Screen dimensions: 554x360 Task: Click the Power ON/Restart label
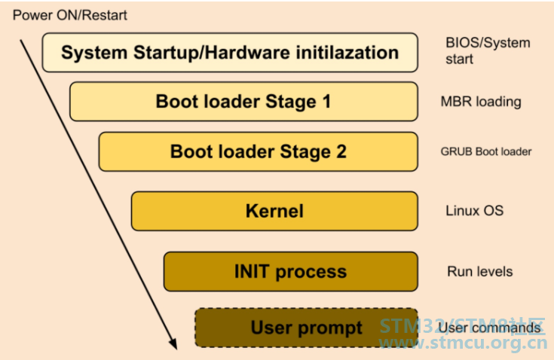pyautogui.click(x=69, y=15)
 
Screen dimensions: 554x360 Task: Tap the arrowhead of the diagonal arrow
pyautogui.click(x=173, y=343)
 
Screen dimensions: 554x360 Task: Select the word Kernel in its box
pyautogui.click(x=274, y=211)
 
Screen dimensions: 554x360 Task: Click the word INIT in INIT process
pyautogui.click(x=252, y=271)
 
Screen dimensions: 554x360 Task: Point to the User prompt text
pyautogui.click(x=306, y=328)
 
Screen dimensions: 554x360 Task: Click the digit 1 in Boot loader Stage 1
pyautogui.click(x=327, y=101)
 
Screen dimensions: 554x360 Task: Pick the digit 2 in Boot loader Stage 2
pyautogui.click(x=341, y=151)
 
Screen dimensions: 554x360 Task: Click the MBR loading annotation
pyautogui.click(x=481, y=102)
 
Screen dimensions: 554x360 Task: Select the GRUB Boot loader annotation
pyautogui.click(x=486, y=152)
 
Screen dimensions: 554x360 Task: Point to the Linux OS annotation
pyautogui.click(x=475, y=211)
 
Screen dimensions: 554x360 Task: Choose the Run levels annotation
pyautogui.click(x=480, y=271)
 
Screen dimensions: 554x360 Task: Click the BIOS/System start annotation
pyautogui.click(x=488, y=50)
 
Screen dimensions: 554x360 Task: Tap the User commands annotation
pyautogui.click(x=490, y=328)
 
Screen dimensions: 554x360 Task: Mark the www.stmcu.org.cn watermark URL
pyautogui.click(x=463, y=343)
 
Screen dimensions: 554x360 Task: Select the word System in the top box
pyautogui.click(x=94, y=53)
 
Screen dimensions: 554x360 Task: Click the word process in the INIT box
pyautogui.click(x=311, y=273)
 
